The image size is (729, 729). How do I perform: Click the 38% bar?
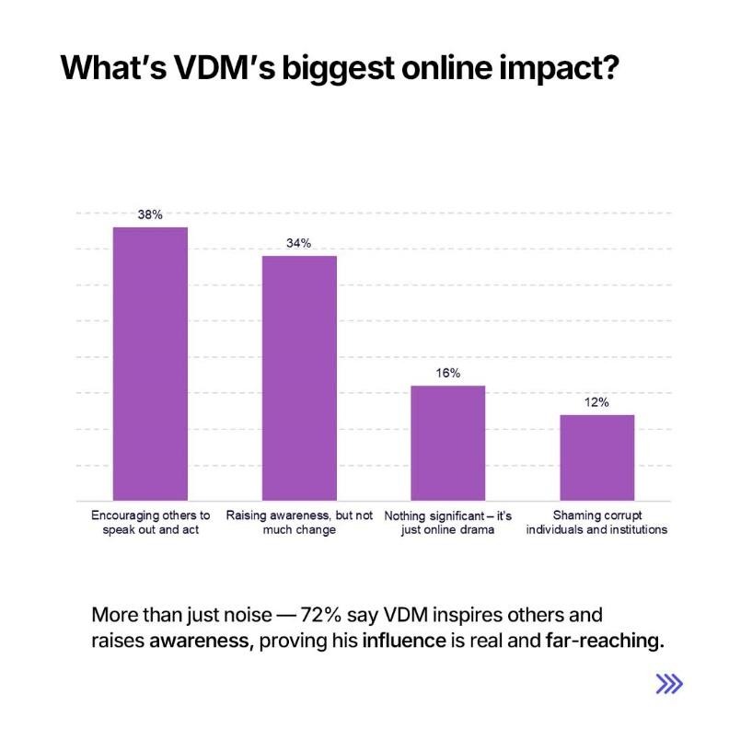(150, 364)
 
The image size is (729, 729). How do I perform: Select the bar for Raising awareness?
(299, 377)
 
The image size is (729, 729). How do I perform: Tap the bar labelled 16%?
(447, 443)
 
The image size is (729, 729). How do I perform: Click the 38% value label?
(150, 214)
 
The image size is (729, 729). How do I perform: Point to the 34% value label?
(299, 243)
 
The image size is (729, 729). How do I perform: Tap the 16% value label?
(448, 373)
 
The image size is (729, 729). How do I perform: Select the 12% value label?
(596, 402)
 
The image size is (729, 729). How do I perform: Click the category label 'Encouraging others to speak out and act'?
(150, 522)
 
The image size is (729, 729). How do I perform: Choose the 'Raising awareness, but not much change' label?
(299, 522)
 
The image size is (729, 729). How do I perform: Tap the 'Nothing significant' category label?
(448, 522)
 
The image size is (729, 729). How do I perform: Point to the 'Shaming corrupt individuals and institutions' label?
(596, 522)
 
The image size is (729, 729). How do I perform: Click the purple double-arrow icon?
(669, 683)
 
